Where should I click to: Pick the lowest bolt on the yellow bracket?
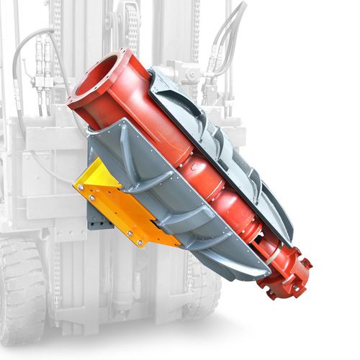[130, 232]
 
